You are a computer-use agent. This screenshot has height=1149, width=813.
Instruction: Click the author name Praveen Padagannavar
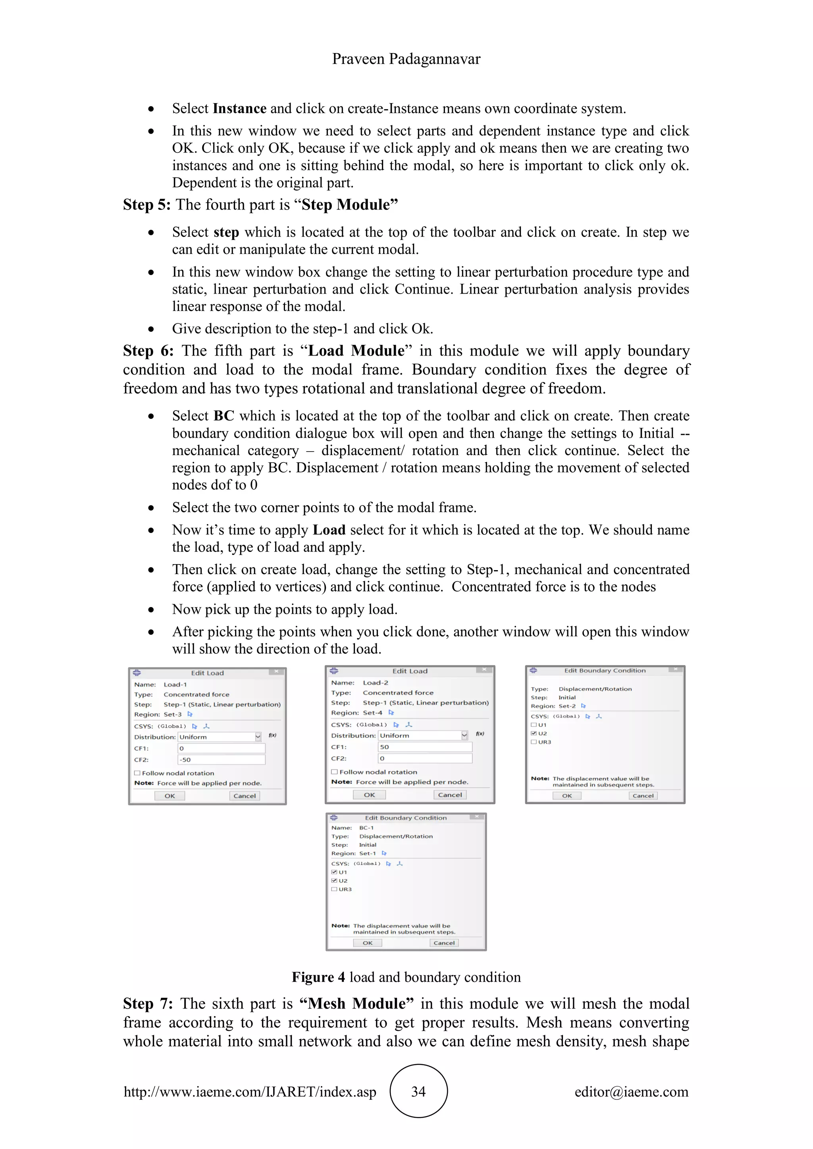coord(406,59)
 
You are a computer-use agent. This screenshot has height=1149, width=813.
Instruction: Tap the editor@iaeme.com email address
coord(631,1091)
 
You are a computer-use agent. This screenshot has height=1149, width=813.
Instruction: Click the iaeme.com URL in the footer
coord(250,1091)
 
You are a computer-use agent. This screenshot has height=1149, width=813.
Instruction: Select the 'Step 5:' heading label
coord(146,205)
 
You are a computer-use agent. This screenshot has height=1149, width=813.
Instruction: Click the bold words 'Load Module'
coord(356,351)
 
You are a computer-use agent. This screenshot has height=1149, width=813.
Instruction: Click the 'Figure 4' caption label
coord(318,977)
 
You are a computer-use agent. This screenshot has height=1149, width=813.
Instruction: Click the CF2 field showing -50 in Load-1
coord(221,760)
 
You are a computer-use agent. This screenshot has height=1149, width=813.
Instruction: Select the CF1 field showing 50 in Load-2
coord(424,747)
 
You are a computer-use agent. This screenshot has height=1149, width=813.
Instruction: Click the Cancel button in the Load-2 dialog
coord(449,795)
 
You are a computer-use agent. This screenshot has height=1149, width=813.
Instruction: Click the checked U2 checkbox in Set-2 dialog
coord(534,733)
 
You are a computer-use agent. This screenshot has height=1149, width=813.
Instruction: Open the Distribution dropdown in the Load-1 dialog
coord(258,737)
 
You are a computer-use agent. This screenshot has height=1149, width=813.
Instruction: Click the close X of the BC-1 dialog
coord(477,817)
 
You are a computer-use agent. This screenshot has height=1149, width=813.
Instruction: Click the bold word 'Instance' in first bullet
coord(239,109)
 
